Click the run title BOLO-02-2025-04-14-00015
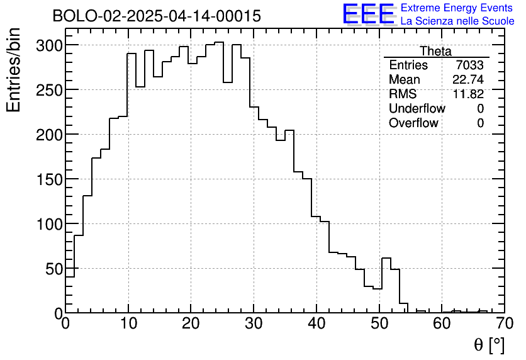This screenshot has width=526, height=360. click(x=156, y=16)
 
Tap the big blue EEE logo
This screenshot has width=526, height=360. click(x=369, y=14)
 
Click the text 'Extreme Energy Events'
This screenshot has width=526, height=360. click(x=457, y=8)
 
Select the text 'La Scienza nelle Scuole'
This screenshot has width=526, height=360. click(x=457, y=21)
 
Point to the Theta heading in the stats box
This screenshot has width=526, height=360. click(x=435, y=52)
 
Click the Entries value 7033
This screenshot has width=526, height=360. click(x=470, y=65)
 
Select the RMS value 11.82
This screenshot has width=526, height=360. click(x=469, y=94)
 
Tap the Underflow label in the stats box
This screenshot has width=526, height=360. click(x=417, y=109)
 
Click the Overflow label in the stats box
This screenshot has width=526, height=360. click(x=413, y=123)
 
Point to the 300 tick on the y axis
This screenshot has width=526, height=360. click(x=49, y=46)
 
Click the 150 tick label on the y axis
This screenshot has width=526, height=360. click(x=49, y=180)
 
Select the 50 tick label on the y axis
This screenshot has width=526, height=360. click(x=53, y=269)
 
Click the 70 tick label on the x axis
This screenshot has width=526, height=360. click(x=504, y=324)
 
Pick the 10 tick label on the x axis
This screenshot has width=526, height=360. click(x=128, y=324)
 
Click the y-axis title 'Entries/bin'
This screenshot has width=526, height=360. click(x=14, y=70)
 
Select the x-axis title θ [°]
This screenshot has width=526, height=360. click(x=489, y=345)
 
